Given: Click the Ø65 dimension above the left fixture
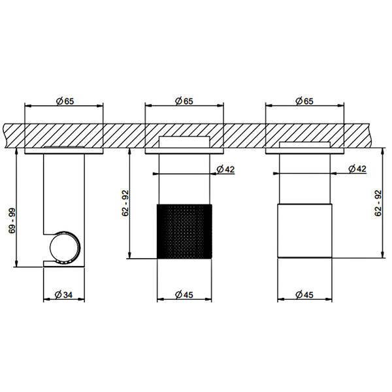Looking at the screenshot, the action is tap(65, 101).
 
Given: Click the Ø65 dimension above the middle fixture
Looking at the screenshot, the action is tap(184, 101).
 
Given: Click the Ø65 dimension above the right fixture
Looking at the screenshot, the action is tap(304, 101).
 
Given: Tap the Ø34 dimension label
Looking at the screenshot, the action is tap(63, 295).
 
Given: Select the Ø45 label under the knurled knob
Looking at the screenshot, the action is tap(184, 295).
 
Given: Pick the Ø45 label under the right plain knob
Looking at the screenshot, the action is tap(304, 295).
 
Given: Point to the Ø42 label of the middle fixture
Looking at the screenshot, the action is tap(226, 169).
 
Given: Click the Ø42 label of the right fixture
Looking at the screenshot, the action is tap(357, 169).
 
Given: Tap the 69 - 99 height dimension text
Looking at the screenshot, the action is tap(12, 221).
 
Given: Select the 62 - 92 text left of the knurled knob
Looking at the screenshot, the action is tap(125, 203).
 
